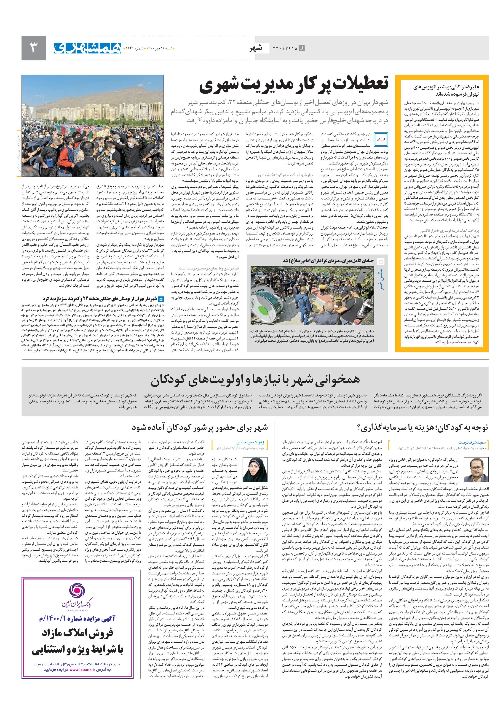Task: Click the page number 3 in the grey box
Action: pyautogui.click(x=33, y=48)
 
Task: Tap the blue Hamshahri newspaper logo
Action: pyautogui.click(x=88, y=48)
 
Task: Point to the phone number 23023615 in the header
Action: pyautogui.click(x=285, y=48)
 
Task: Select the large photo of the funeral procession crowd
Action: pyautogui.click(x=93, y=126)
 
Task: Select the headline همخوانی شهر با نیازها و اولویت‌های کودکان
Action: pyautogui.click(x=255, y=380)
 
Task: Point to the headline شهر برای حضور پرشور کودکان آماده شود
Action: pyautogui.click(x=199, y=428)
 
